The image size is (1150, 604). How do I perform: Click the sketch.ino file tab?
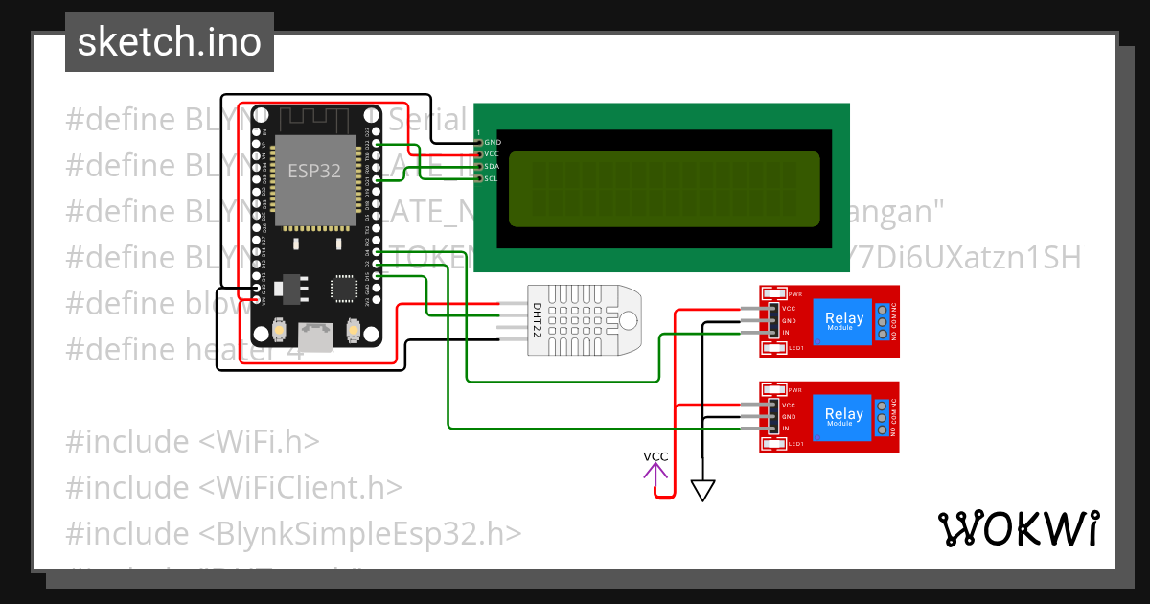click(169, 42)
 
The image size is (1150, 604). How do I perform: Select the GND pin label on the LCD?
click(493, 142)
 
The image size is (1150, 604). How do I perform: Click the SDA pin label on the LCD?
click(492, 166)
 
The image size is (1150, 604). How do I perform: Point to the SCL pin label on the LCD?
click(492, 178)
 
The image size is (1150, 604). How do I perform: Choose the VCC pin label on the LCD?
click(492, 153)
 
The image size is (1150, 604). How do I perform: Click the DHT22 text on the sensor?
click(536, 321)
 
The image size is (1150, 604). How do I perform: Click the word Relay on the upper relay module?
click(843, 318)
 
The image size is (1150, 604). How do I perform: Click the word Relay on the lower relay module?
click(843, 415)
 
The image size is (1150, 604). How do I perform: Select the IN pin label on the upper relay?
click(786, 333)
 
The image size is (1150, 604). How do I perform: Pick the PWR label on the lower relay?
click(795, 390)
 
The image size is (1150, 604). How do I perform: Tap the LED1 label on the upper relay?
click(795, 348)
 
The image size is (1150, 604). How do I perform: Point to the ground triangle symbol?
click(703, 491)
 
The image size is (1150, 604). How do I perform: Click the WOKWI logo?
click(1018, 529)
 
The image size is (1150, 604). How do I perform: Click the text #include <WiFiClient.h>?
click(234, 487)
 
